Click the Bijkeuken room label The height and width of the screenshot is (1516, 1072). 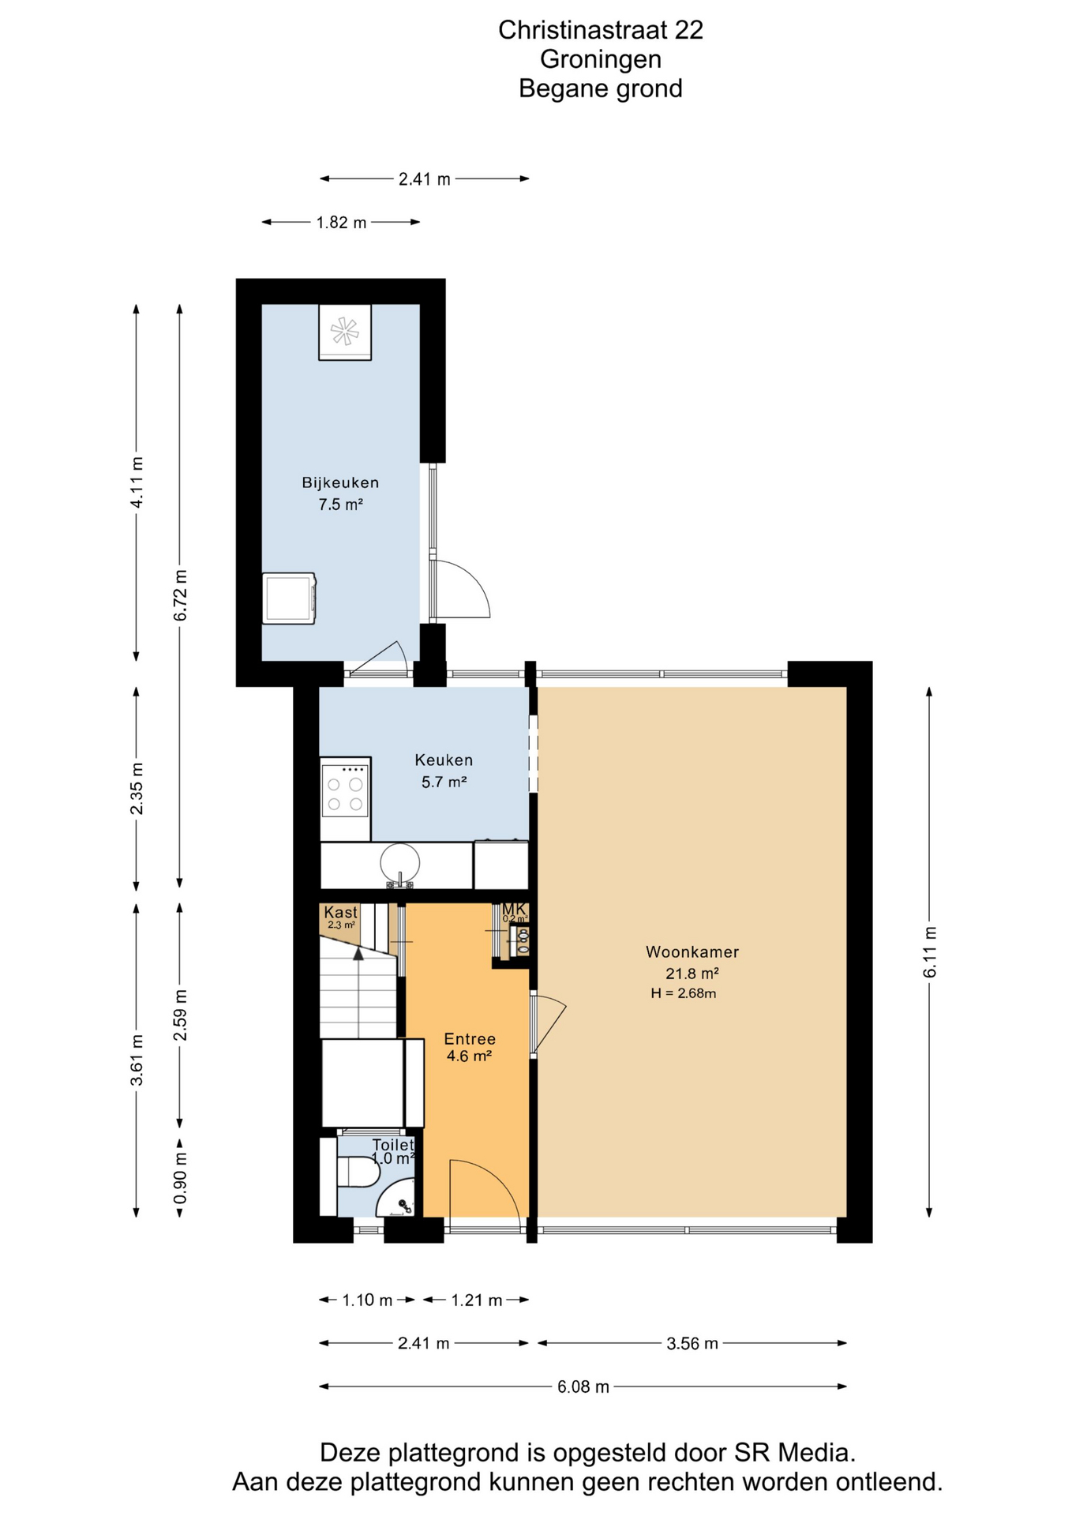340,482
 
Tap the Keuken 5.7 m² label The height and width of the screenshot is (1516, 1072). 444,771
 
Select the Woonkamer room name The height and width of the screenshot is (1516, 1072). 692,951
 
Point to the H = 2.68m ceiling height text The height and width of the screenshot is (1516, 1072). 684,993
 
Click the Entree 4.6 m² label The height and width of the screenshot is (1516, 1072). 470,1047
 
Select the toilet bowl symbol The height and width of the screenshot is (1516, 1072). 359,1172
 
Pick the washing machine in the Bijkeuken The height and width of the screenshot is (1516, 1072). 290,599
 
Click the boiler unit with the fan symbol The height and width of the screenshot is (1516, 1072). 345,332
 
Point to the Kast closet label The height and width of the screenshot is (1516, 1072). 340,912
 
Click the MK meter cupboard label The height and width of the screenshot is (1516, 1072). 514,909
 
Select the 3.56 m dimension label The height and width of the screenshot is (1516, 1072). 692,1343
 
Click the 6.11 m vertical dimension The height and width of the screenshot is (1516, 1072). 930,952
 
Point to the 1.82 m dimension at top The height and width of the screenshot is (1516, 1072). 341,223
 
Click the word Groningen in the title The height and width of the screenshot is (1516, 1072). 601,59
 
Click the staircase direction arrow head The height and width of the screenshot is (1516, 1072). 358,953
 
